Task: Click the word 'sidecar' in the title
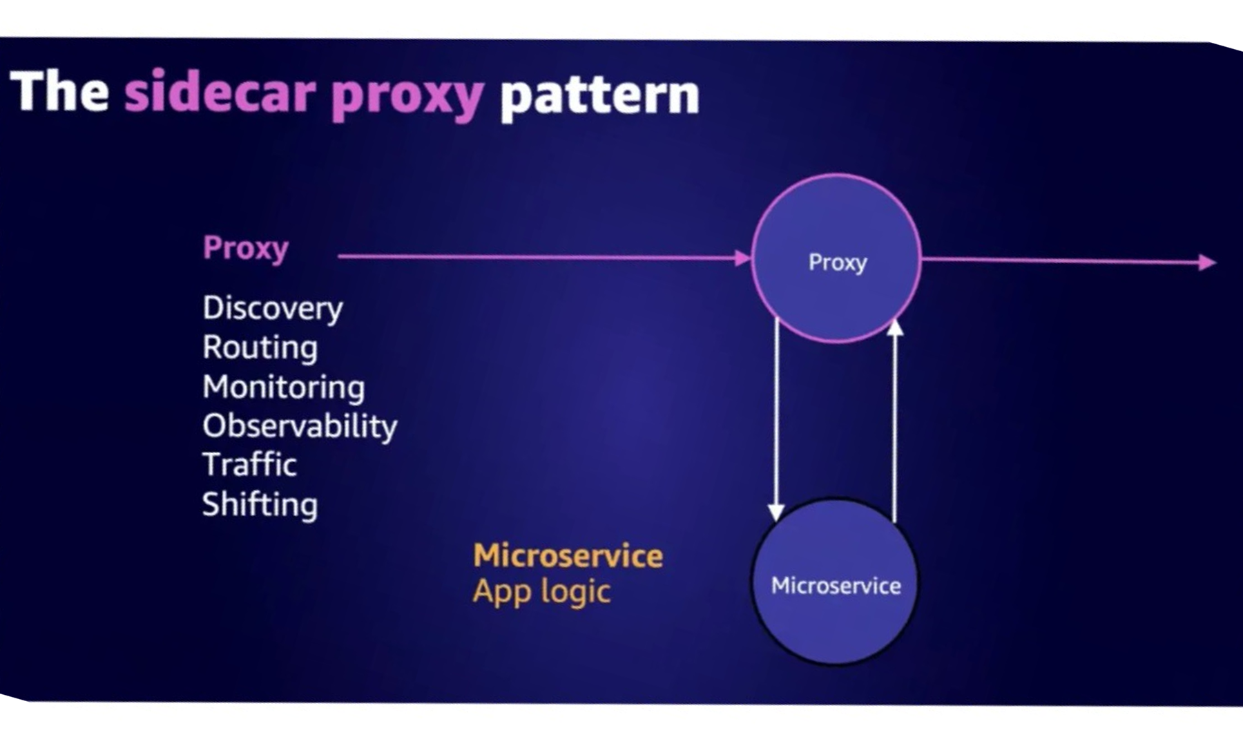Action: click(220, 93)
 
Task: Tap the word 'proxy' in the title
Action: click(407, 97)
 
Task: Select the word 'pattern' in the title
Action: click(599, 97)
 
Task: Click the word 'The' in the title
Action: click(59, 92)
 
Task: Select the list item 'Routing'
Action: click(260, 347)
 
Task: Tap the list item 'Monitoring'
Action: click(283, 387)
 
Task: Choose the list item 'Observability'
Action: click(300, 426)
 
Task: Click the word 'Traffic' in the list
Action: click(249, 464)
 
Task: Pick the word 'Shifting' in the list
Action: click(260, 504)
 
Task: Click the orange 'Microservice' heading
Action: click(568, 556)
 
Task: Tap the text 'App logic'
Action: click(541, 592)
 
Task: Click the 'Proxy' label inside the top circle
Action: click(837, 262)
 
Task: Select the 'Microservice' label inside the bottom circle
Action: click(836, 586)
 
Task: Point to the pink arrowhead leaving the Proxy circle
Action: click(1207, 262)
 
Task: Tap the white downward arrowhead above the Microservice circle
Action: click(776, 512)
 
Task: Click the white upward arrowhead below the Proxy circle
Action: click(895, 327)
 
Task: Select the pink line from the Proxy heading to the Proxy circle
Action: click(539, 257)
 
